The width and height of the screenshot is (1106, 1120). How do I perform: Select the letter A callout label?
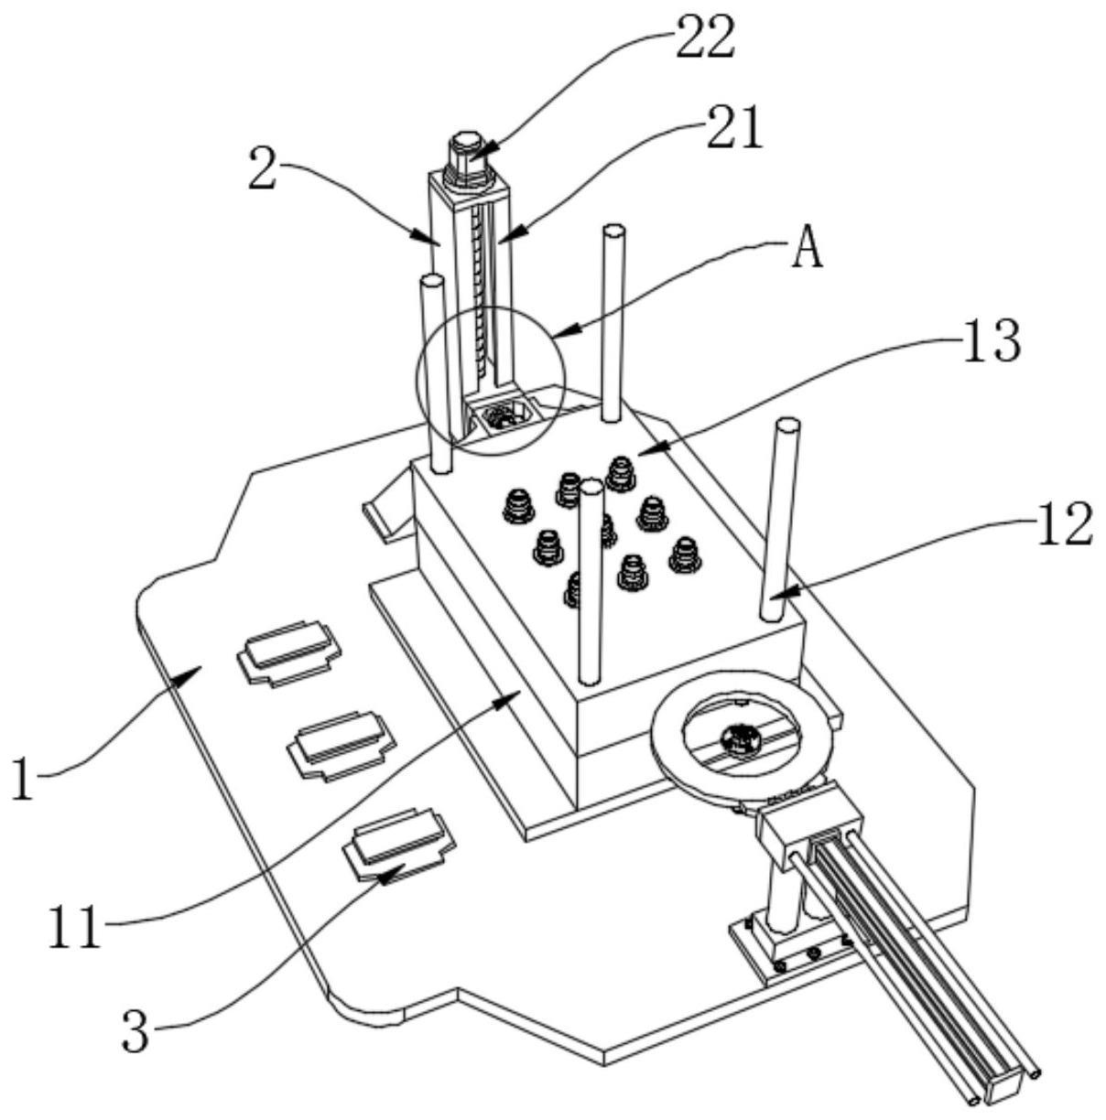[807, 250]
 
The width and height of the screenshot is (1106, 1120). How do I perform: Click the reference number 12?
[1064, 525]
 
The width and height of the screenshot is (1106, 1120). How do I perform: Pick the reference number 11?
[74, 928]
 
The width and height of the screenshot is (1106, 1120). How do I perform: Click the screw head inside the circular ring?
[739, 736]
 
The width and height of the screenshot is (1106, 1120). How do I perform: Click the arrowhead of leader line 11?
[515, 695]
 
